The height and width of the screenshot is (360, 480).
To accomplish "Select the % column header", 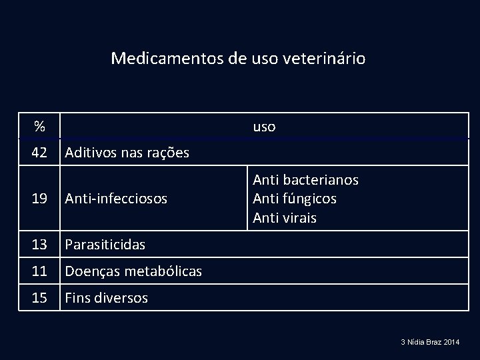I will [40, 126].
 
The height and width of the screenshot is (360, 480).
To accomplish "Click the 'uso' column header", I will [264, 126].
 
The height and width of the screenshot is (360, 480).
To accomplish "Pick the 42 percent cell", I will [39, 153].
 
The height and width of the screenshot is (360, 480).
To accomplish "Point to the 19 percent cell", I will [39, 198].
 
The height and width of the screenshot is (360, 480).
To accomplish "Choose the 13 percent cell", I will [39, 245].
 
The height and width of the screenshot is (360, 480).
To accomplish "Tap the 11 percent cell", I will [39, 271].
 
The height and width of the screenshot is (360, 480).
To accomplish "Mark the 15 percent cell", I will [39, 297].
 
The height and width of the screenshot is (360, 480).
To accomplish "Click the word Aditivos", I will [91, 153].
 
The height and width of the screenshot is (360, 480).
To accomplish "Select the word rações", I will [166, 153].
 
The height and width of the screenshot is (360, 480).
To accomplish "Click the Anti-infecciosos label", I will [115, 198].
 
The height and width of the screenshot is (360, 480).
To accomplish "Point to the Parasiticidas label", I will [105, 245].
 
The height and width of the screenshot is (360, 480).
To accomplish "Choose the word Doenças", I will [89, 271].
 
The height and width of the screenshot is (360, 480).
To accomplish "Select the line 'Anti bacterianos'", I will [305, 180].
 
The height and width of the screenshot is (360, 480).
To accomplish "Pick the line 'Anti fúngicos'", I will [295, 199].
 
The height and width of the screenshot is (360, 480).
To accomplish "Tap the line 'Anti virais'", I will [285, 217].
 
